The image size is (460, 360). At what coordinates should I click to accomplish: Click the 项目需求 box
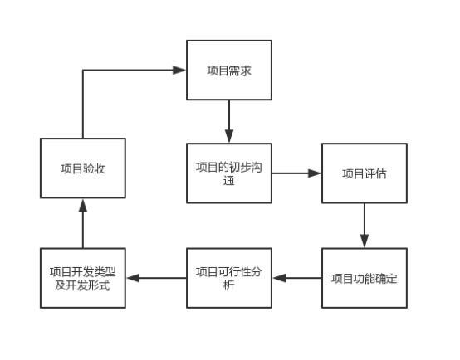[228, 71]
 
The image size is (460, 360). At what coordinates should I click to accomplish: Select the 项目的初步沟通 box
[228, 173]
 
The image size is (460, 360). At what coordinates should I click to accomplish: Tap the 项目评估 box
[365, 173]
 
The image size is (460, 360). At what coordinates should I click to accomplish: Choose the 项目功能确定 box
[365, 278]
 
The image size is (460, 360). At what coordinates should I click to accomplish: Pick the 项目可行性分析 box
[228, 278]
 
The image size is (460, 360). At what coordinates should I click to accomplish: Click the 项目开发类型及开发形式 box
[83, 278]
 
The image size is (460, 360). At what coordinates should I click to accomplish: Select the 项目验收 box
[83, 168]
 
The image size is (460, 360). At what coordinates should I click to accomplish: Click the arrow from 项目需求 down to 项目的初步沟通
[228, 122]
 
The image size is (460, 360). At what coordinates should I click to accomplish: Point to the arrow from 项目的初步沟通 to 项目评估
[296, 173]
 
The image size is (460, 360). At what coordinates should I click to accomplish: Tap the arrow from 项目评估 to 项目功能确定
[365, 226]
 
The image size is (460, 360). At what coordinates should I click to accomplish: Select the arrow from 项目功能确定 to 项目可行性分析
[296, 278]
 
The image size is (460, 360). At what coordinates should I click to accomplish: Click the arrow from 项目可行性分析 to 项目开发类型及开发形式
[156, 278]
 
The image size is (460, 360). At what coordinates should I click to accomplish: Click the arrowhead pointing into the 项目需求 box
[179, 71]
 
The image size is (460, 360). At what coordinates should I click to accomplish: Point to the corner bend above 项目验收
[83, 71]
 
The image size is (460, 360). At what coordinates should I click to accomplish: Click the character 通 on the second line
[228, 181]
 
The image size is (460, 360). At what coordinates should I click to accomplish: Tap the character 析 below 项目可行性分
[228, 285]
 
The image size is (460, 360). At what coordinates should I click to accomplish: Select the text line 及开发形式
[83, 285]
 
